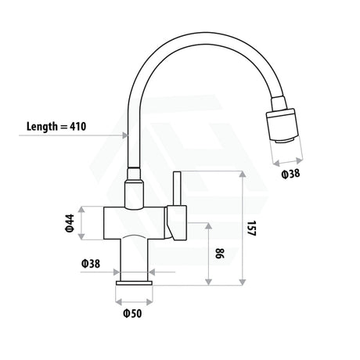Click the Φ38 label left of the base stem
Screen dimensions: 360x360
89,264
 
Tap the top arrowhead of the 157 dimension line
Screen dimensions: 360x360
242,175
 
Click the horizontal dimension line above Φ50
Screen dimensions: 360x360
134,301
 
